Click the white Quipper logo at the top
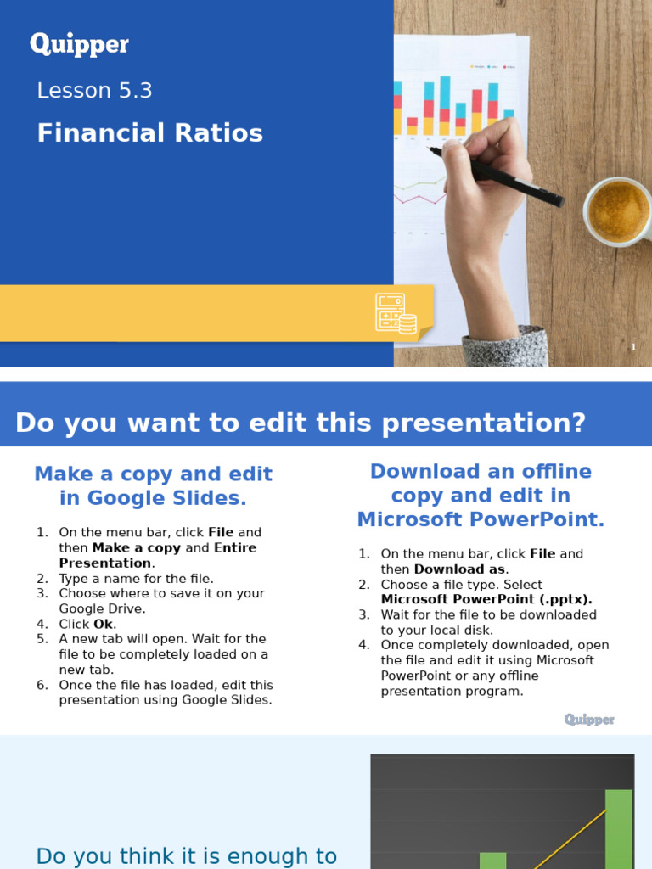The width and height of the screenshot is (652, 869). pos(80,45)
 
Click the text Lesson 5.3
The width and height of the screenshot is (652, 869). pos(94,91)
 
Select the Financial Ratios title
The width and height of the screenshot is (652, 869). pos(149,133)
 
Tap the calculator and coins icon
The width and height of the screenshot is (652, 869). pos(396,313)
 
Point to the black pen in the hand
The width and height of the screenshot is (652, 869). pos(497,175)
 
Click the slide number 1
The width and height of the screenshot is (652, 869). pos(633,347)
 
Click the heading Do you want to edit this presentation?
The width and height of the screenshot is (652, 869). pos(301,423)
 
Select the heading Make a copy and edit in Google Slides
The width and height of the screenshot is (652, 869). pos(153,485)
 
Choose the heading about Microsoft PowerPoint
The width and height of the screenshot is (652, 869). pos(481,496)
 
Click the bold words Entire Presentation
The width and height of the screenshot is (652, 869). pos(157,555)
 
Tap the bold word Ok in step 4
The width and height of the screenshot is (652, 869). pos(103,624)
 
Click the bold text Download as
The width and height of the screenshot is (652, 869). pos(459,569)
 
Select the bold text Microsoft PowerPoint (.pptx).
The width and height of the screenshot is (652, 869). pos(486,599)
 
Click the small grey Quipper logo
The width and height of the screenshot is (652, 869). pos(589,720)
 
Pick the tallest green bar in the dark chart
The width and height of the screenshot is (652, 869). pos(618,827)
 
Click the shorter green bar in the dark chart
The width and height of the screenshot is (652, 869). pos(492,860)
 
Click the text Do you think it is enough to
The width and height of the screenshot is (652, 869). pos(186,856)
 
